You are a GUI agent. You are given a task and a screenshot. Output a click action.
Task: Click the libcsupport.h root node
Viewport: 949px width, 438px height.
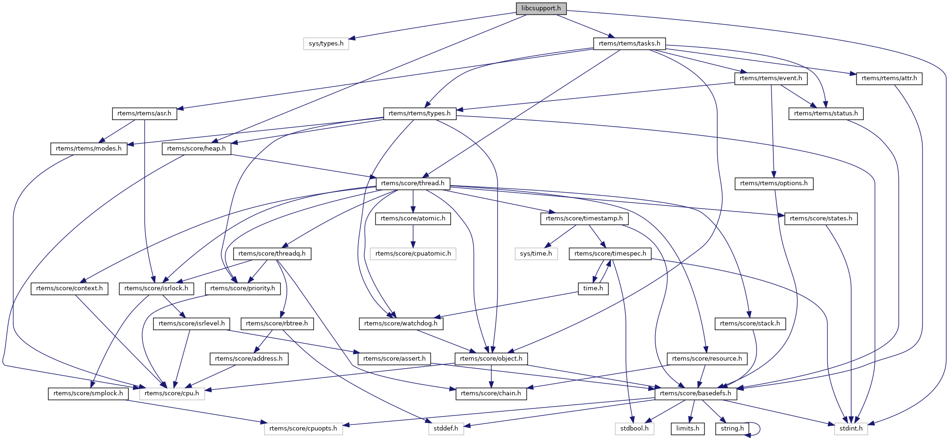[x=541, y=8]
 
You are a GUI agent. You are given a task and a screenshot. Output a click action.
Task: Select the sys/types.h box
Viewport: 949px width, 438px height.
[x=326, y=44]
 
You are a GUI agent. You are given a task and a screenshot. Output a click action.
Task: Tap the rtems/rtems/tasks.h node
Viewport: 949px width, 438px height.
[x=629, y=44]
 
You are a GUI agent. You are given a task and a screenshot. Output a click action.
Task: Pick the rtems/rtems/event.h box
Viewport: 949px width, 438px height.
[x=771, y=78]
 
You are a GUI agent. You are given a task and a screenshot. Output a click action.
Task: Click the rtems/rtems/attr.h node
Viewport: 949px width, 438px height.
[x=889, y=78]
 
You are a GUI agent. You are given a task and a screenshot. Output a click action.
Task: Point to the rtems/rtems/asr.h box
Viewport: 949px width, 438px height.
[x=144, y=113]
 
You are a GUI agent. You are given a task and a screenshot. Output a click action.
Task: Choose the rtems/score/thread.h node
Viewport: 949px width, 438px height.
[x=413, y=183]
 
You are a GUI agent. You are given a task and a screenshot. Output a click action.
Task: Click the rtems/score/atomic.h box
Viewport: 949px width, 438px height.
[x=413, y=219]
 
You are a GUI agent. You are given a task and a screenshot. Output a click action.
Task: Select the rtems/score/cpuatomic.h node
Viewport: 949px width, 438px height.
[x=413, y=254]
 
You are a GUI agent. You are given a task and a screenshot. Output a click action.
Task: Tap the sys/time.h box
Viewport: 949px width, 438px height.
[x=536, y=254]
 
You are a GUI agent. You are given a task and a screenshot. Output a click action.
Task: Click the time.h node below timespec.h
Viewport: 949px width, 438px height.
[x=593, y=288]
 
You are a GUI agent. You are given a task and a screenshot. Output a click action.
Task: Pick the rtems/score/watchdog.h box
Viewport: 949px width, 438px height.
[x=400, y=324]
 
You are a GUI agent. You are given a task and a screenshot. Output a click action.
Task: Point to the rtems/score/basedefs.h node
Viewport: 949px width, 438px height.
[x=695, y=393]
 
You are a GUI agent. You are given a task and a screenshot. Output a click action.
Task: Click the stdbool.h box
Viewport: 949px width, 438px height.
[x=634, y=429]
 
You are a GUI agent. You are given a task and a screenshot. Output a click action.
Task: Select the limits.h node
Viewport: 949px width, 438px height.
[x=688, y=429]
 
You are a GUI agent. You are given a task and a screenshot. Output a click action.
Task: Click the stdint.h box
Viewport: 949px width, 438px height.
[x=850, y=429]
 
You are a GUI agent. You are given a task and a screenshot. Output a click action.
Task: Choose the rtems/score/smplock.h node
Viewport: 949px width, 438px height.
[x=88, y=393]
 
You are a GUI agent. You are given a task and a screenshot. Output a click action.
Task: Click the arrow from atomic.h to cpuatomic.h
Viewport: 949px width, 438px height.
[x=413, y=236]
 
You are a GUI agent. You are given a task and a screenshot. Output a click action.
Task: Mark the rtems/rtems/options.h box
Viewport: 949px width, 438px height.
[x=773, y=183]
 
